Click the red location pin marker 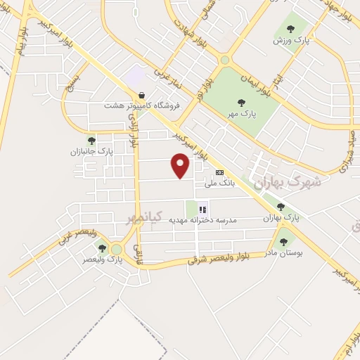pos(181,166)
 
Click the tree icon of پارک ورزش pos(290,30)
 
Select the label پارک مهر pos(242,112)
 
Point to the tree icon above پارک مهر pos(242,103)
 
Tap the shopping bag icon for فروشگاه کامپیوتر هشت pos(142,95)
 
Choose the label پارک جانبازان pos(96,151)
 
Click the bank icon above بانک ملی pos(219,172)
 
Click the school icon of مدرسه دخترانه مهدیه pos(203,209)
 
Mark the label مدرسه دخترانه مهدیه pos(203,220)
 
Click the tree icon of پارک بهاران pos(281,207)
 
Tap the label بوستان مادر pos(285,252)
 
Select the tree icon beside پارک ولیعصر pos(103,248)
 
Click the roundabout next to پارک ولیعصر pos(117,249)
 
